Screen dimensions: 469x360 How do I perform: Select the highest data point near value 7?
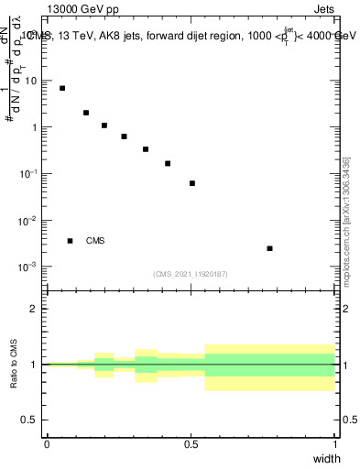click(62, 88)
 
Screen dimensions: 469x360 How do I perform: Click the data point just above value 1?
click(104, 125)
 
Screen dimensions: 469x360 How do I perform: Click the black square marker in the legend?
click(70, 241)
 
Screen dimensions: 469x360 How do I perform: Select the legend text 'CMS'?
click(95, 241)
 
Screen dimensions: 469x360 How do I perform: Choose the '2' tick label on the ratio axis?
click(35, 309)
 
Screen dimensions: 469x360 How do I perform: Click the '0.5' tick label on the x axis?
click(191, 444)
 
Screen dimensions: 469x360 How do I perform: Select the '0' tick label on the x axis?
click(47, 444)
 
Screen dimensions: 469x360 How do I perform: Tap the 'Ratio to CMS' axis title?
click(15, 365)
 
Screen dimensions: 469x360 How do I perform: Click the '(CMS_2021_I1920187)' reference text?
click(191, 273)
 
